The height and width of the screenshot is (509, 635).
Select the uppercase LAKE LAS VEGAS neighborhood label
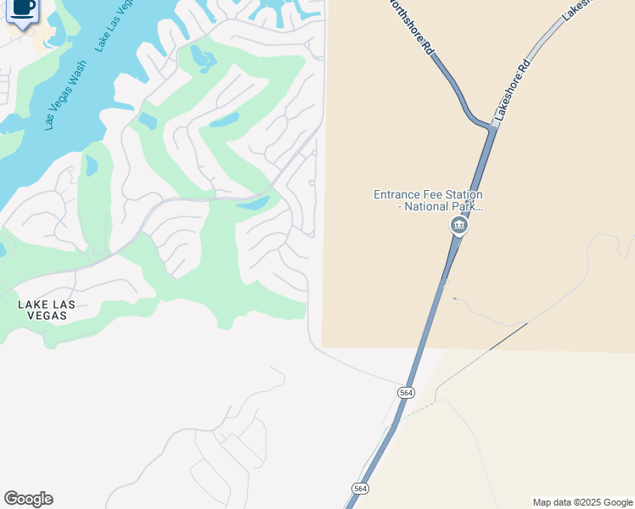point(47,310)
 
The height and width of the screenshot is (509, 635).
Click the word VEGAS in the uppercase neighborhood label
point(47,316)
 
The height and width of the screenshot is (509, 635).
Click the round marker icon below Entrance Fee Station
point(458,225)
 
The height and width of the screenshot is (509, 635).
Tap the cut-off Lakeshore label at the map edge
point(575,8)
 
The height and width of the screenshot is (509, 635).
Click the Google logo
point(28,499)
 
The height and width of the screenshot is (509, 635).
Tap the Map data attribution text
point(583,502)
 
